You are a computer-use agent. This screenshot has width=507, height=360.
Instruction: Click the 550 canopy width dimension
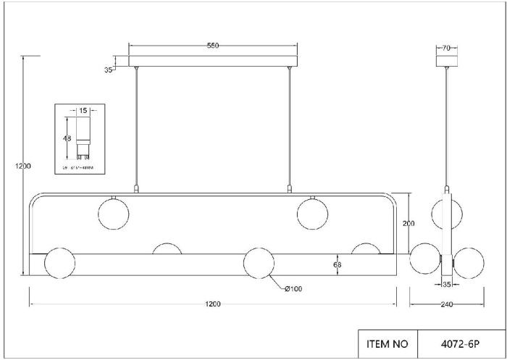click(213, 46)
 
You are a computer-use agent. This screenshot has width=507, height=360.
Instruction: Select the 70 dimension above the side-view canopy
click(446, 48)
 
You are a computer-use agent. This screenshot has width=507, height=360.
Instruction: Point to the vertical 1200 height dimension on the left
click(23, 166)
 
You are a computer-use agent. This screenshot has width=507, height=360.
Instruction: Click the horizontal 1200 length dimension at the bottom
click(213, 304)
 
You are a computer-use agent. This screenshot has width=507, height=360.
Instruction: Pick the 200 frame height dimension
click(408, 224)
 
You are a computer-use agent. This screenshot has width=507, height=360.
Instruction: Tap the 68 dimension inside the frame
click(337, 264)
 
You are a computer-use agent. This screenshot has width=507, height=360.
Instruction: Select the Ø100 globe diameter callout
click(293, 289)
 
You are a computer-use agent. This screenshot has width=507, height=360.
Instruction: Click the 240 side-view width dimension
click(446, 304)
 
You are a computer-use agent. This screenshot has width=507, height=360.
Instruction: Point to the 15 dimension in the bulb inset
click(83, 111)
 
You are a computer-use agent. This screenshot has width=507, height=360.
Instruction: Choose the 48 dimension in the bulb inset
click(67, 138)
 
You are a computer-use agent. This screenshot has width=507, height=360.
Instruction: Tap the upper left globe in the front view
click(114, 213)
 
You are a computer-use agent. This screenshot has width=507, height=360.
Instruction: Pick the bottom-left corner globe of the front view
click(60, 263)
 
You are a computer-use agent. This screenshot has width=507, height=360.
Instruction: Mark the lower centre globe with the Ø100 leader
click(259, 263)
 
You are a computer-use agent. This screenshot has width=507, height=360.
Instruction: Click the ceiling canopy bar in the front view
click(213, 62)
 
